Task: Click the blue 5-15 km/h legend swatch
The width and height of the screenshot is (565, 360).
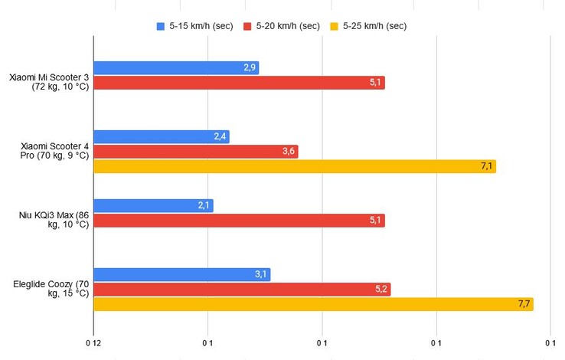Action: pos(161,25)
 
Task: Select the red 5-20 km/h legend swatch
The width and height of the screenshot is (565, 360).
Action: pos(247,25)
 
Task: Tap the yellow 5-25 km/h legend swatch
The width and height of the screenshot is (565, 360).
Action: pos(334,25)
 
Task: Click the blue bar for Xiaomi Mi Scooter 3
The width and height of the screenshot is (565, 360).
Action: pos(176,68)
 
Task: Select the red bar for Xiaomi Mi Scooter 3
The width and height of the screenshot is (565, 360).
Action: pos(239,83)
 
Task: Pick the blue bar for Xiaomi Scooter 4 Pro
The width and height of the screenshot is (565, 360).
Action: pos(161,137)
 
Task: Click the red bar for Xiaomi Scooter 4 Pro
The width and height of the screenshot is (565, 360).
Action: pos(195,152)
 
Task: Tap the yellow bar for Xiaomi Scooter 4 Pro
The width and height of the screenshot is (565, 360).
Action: pos(295,166)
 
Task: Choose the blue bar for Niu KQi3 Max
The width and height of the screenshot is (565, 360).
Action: pos(153,206)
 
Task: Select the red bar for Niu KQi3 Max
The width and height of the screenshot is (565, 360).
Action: pos(239,221)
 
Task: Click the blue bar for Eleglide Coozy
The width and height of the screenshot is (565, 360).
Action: pos(181,275)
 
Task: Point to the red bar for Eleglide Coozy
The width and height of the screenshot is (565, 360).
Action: pos(242,290)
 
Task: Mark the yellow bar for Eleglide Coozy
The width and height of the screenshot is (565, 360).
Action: pos(313,304)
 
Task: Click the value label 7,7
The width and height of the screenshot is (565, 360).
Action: pos(524,304)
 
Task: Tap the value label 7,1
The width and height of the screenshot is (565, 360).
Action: pos(487,166)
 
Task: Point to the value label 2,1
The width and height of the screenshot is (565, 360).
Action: pos(204,206)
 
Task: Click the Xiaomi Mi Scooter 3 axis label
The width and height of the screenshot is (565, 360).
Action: pos(49,81)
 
